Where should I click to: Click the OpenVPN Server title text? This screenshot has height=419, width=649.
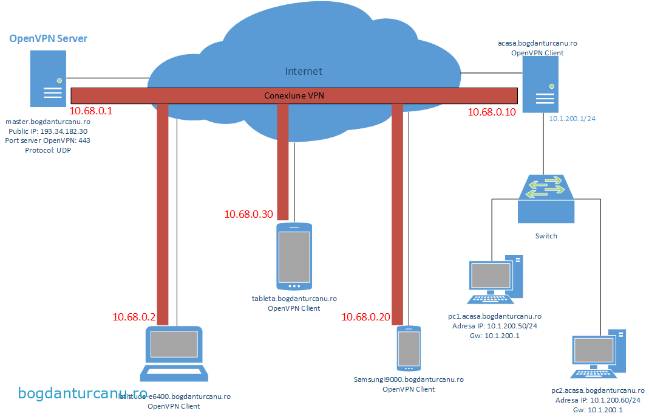tap(48, 39)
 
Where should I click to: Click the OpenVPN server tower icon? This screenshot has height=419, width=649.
tap(48, 78)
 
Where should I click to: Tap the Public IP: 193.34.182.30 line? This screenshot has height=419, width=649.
tap(48, 131)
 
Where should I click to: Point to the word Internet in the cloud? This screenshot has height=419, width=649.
tap(304, 71)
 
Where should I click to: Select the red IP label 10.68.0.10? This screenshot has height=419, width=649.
tap(492, 112)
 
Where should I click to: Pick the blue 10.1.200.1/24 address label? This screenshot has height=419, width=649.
tap(572, 119)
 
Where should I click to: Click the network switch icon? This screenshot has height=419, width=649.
tap(546, 198)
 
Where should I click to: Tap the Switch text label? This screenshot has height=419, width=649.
tap(546, 236)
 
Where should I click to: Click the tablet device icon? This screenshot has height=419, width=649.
tap(294, 256)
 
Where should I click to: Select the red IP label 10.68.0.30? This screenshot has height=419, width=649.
tap(248, 214)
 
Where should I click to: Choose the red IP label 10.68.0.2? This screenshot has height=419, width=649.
tap(134, 317)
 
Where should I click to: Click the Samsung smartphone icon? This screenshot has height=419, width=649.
tap(409, 348)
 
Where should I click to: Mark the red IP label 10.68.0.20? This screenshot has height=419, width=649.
tap(365, 317)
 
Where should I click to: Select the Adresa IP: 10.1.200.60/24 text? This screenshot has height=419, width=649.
tap(598, 400)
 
